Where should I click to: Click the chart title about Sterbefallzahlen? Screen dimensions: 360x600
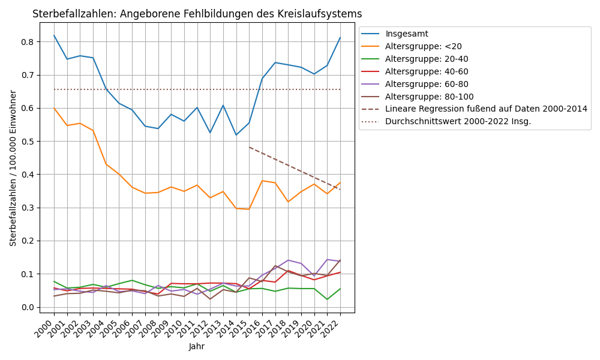tap(197, 14)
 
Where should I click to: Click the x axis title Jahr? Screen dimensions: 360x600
tap(197, 347)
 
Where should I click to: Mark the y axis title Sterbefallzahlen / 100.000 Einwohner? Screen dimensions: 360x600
tap(13, 168)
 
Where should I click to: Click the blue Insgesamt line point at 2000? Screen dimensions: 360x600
tap(54, 35)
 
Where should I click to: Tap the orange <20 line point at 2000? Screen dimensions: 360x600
tap(54, 108)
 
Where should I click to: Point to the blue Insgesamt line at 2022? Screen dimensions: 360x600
tap(340, 37)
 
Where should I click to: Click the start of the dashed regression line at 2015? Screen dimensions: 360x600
tap(249, 147)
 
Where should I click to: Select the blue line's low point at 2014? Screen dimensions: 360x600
tap(236, 135)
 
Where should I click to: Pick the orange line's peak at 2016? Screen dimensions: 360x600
tap(262, 181)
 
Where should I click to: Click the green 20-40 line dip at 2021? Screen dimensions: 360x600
tap(327, 299)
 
